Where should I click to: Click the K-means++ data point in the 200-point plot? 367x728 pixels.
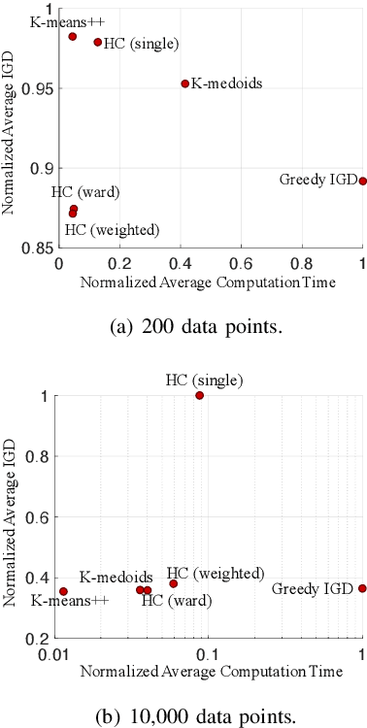pos(73,36)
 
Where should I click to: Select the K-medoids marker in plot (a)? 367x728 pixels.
pos(184,83)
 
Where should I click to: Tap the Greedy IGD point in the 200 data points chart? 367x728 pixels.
pos(363,181)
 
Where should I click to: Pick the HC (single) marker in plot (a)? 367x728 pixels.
pos(98,42)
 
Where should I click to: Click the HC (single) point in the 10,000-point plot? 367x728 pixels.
pos(200,395)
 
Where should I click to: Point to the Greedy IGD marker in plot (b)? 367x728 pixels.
pos(363,588)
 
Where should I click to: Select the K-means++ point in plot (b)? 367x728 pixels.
pos(63,591)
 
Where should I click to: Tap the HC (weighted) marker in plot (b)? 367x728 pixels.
pos(174,583)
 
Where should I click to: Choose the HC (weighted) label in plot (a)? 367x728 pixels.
pos(112,229)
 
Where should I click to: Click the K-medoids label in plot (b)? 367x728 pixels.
pos(116,577)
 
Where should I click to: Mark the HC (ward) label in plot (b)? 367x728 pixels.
pos(177,600)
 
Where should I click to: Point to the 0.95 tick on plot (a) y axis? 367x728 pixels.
pos(41,88)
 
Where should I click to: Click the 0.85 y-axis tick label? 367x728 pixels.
pos(41,248)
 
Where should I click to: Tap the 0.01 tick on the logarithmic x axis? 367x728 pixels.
pos(54,652)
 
